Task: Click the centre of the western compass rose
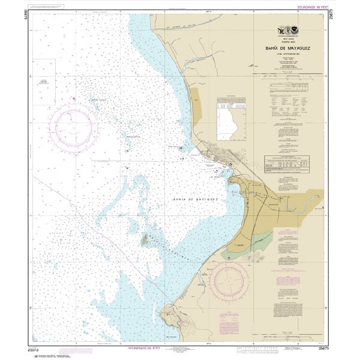pos(73,126)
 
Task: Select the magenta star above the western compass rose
pos(74,98)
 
